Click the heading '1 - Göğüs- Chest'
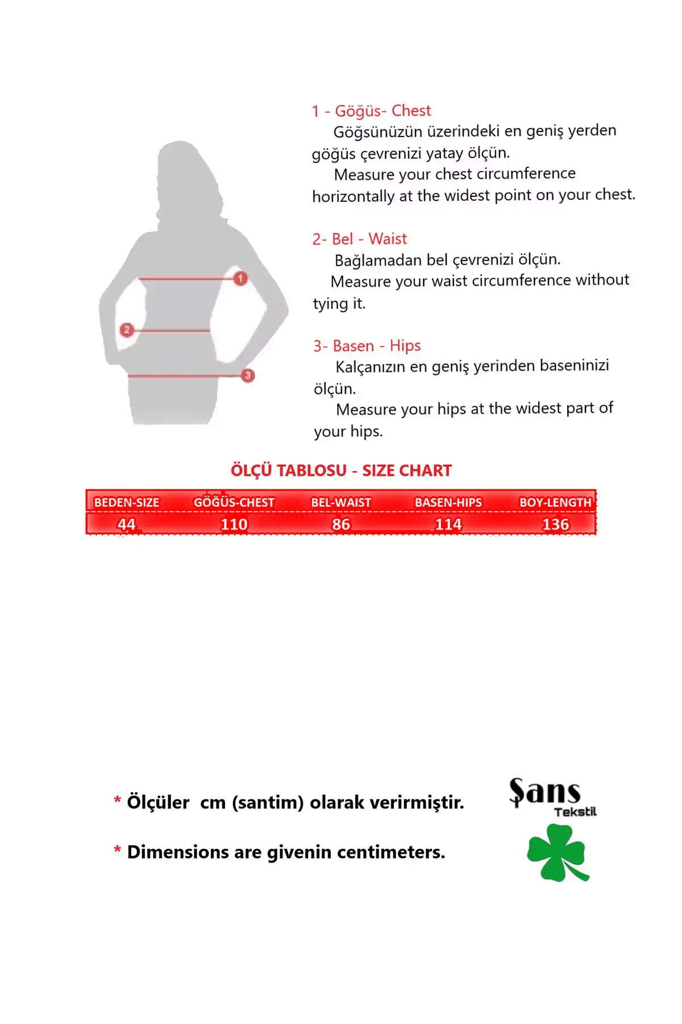point(371,111)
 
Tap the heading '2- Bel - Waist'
point(359,239)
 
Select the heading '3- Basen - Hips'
point(367,346)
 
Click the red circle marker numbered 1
point(240,278)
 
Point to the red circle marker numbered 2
point(127,329)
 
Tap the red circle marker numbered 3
point(247,375)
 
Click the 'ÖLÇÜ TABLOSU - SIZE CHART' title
point(341,470)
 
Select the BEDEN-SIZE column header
point(126,502)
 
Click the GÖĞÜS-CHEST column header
point(234,502)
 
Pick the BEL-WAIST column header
point(341,502)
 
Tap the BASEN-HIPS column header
point(448,502)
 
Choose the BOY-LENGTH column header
point(555,502)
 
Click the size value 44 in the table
point(126,524)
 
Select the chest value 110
point(234,524)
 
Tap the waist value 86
point(341,524)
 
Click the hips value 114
point(448,524)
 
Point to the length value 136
point(555,524)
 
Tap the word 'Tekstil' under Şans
point(575,812)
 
